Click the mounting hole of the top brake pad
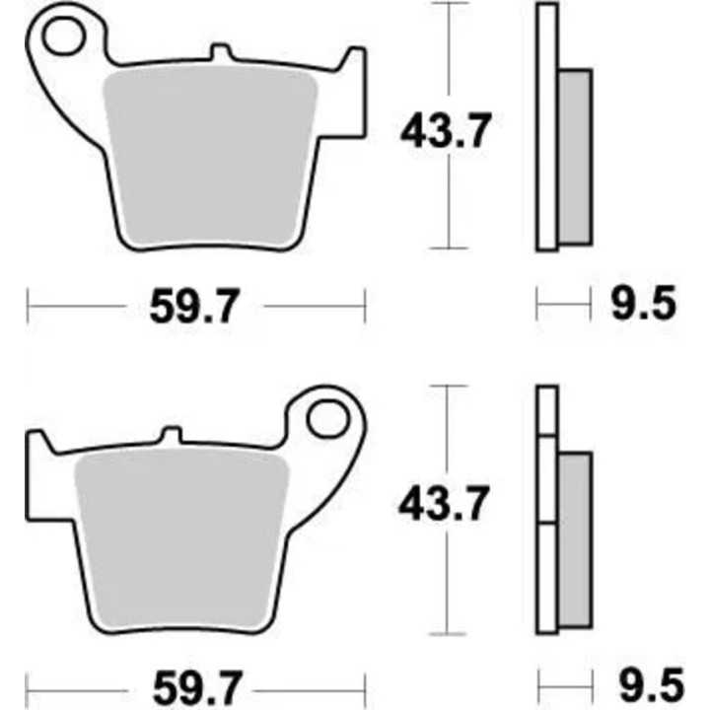66,38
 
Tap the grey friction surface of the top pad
209,153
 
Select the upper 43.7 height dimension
445,131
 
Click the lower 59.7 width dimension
194,682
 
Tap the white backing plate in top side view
547,128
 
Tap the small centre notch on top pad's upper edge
223,51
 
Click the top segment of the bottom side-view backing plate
547,409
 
